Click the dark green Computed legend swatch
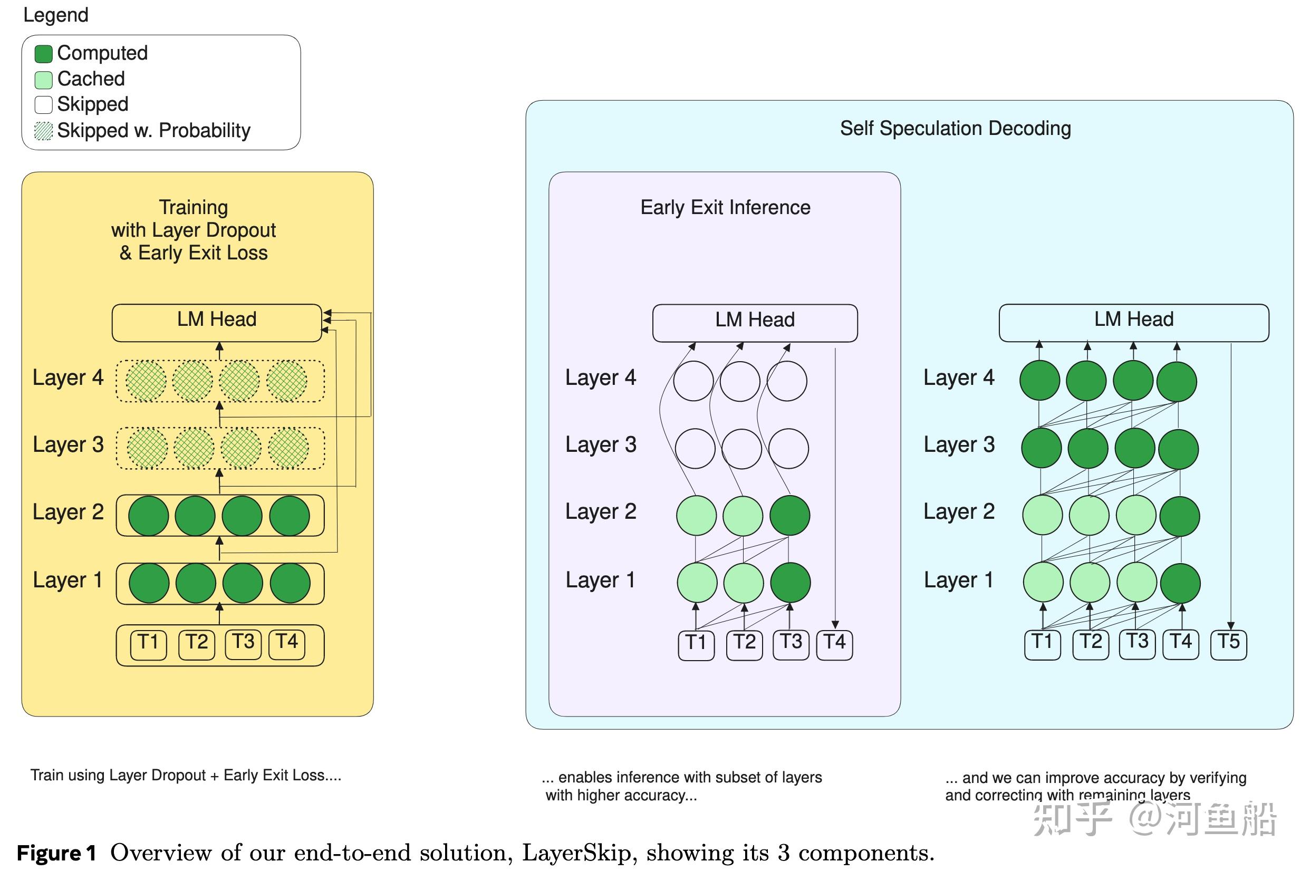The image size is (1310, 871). pos(43,54)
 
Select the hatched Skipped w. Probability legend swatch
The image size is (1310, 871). pos(43,131)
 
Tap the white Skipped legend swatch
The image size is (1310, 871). pos(43,105)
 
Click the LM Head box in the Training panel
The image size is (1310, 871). pos(217,323)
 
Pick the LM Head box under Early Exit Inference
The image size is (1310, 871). pos(755,323)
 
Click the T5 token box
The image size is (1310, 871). pos(1228,644)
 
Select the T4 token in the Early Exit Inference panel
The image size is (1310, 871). pos(834,645)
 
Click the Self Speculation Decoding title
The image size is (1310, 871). pos(955,128)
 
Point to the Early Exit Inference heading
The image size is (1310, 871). pos(725,207)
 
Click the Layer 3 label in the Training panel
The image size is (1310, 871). pos(68,444)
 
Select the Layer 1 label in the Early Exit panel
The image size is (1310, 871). pos(600,580)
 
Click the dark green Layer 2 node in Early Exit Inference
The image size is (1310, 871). pos(789,516)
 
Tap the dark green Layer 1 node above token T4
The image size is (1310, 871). pos(1180,583)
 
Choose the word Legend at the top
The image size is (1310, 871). pos(55,15)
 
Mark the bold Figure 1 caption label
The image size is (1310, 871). pos(56,853)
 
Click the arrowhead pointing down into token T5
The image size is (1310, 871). pos(1231,625)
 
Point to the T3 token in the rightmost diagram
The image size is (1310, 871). pos(1137,644)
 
